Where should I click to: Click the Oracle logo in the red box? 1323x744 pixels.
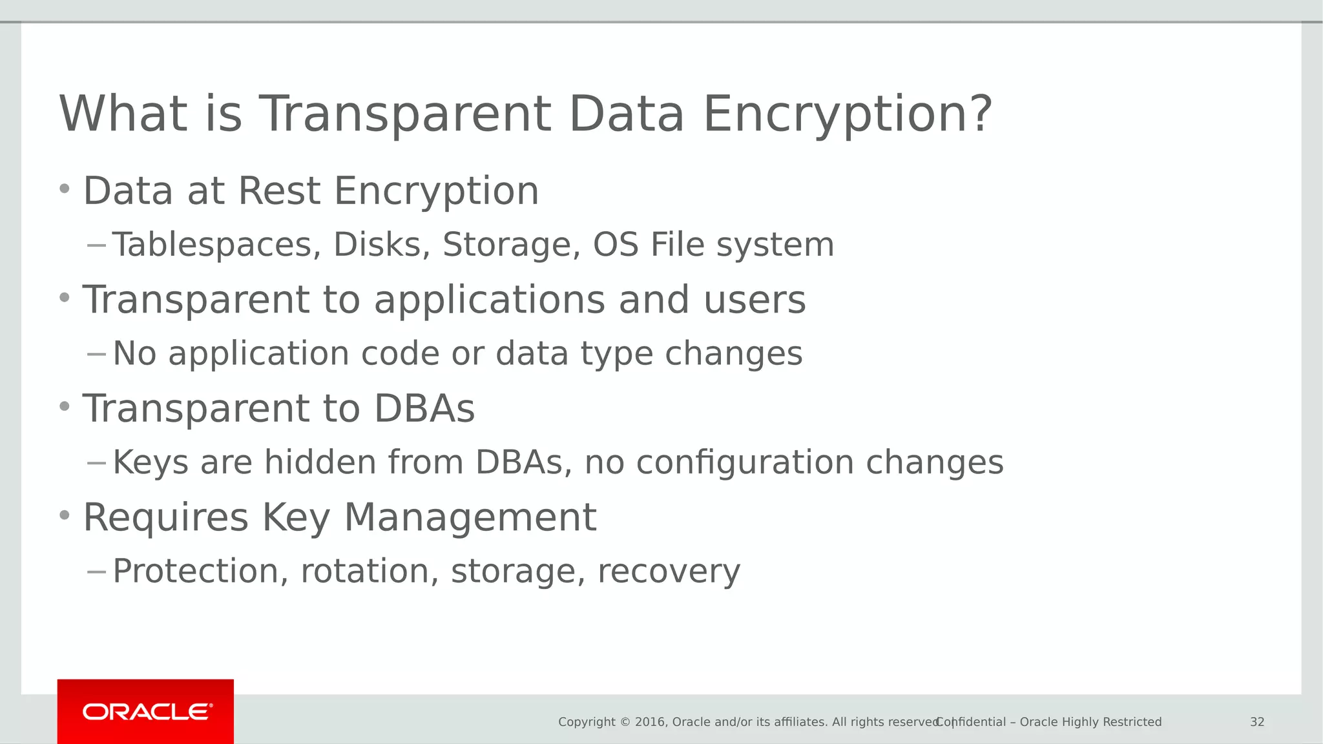tap(147, 712)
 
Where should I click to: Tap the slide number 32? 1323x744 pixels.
tap(1256, 722)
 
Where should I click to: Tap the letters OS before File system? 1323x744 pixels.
tap(616, 245)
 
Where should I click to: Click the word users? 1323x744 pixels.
tap(755, 301)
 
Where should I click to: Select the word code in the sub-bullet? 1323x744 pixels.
tap(400, 354)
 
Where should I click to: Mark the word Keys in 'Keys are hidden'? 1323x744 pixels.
tap(151, 462)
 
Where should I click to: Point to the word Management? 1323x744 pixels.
tap(470, 518)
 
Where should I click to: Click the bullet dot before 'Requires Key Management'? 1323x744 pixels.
tap(64, 515)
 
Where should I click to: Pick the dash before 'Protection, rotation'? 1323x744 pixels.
tap(96, 572)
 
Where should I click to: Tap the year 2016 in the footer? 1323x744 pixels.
tap(650, 722)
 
